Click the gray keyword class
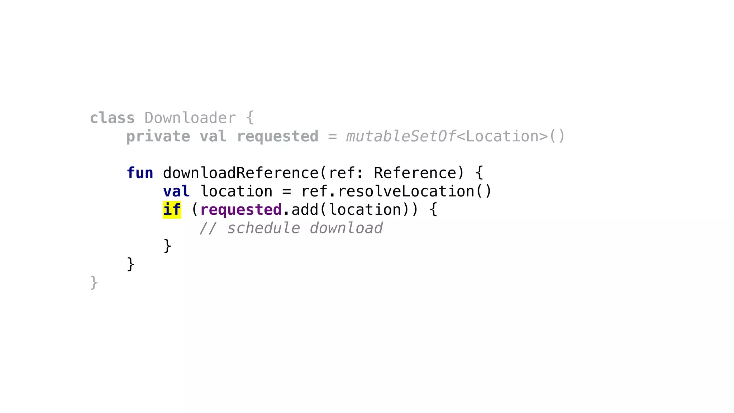[112, 118]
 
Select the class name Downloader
[190, 118]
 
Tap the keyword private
[158, 137]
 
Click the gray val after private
[213, 137]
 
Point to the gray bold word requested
[277, 137]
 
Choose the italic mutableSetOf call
[401, 137]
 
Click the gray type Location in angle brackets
[502, 137]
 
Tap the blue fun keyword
[140, 173]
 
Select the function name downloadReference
[240, 173]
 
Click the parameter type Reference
[415, 173]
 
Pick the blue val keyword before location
[176, 191]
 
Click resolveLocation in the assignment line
[406, 191]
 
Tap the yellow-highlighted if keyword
[172, 210]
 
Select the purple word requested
[241, 210]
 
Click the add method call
[305, 210]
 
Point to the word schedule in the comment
[263, 228]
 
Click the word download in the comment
[346, 228]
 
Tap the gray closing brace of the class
[94, 283]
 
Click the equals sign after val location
[286, 192]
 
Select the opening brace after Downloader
[250, 118]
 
